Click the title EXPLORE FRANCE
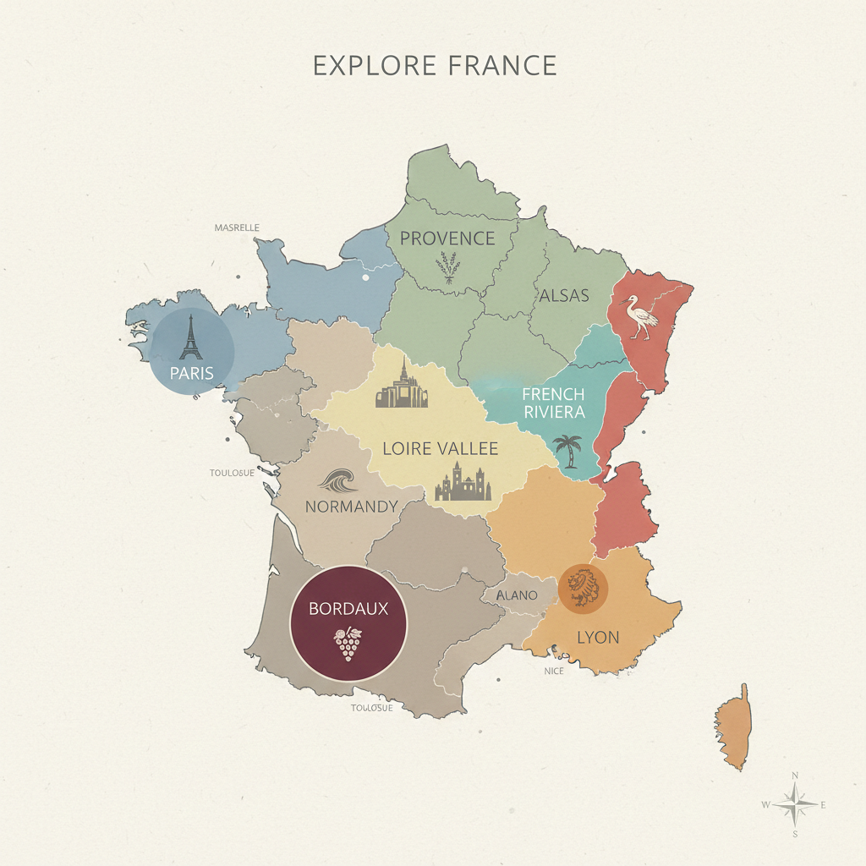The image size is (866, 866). pyautogui.click(x=435, y=65)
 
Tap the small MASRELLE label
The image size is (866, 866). pyautogui.click(x=237, y=227)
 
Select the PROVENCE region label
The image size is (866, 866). pyautogui.click(x=447, y=238)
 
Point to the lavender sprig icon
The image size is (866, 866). pyautogui.click(x=448, y=267)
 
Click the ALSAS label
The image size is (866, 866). pyautogui.click(x=564, y=296)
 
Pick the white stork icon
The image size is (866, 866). pyautogui.click(x=640, y=317)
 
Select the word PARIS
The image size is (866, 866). pyautogui.click(x=191, y=373)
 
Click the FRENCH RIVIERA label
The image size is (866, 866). pyautogui.click(x=553, y=403)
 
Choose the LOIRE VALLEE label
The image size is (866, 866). pyautogui.click(x=441, y=448)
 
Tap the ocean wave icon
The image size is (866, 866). pyautogui.click(x=340, y=482)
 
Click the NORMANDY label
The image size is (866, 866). pyautogui.click(x=351, y=507)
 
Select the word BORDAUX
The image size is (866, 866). pyautogui.click(x=348, y=608)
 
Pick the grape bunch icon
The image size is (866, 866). pyautogui.click(x=348, y=644)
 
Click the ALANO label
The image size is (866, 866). pyautogui.click(x=517, y=595)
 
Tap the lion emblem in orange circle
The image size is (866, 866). pyautogui.click(x=584, y=588)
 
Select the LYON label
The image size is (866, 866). pyautogui.click(x=598, y=637)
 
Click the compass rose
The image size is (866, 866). pyautogui.click(x=794, y=804)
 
